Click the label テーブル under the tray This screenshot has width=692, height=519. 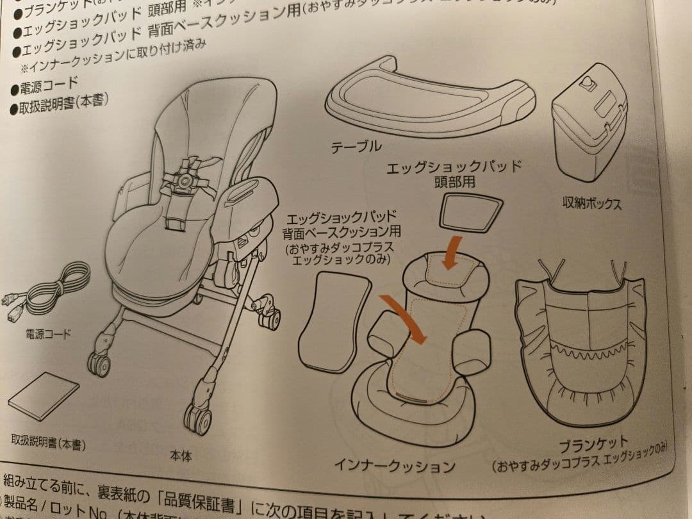[356, 147]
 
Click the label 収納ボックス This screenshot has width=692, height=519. [593, 204]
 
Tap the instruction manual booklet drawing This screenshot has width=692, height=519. [44, 395]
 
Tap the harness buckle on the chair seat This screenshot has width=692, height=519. [186, 181]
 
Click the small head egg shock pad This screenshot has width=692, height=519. [470, 213]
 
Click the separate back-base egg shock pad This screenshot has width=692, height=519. [334, 320]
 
